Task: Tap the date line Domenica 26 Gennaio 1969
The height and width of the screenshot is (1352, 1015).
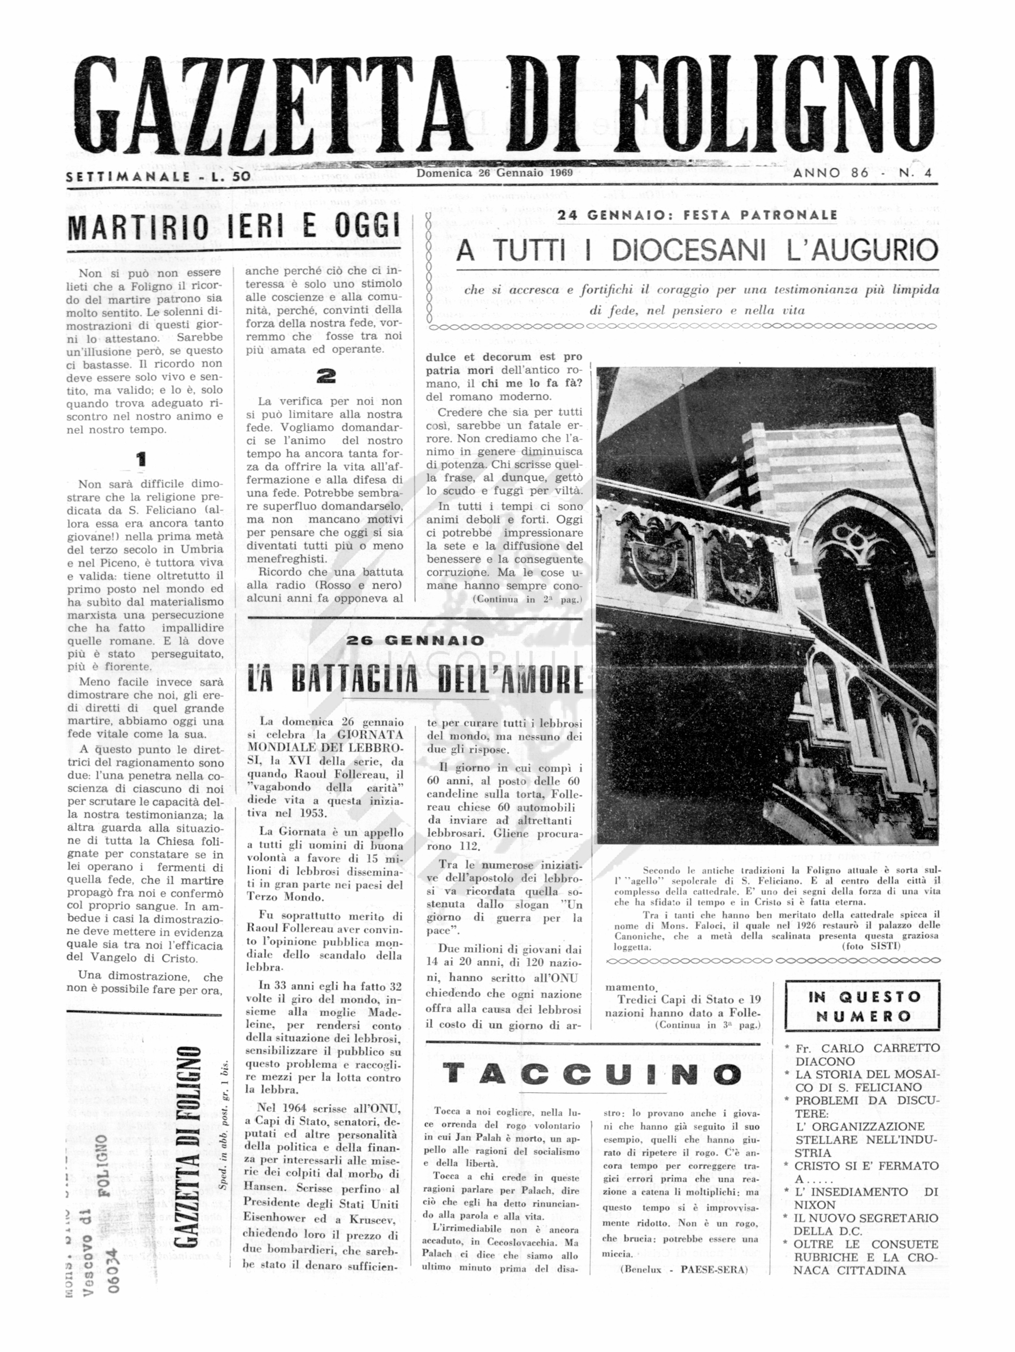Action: pyautogui.click(x=495, y=173)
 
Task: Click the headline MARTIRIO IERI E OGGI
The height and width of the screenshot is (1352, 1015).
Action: pyautogui.click(x=234, y=227)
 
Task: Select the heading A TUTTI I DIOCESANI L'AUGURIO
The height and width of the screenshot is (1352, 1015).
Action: pyautogui.click(x=697, y=251)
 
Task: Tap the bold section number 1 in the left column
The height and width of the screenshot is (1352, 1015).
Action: pyautogui.click(x=141, y=459)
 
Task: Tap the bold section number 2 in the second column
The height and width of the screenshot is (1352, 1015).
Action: pyautogui.click(x=326, y=376)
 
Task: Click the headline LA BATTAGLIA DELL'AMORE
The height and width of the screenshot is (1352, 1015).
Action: pyautogui.click(x=415, y=679)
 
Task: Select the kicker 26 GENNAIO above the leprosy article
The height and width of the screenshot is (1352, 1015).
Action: pyautogui.click(x=415, y=641)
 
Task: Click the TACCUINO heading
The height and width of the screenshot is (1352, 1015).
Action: pyautogui.click(x=592, y=1074)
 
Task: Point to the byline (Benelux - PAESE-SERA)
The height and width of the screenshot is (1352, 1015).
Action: pyautogui.click(x=683, y=1270)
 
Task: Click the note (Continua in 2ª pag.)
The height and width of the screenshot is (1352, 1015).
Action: pyautogui.click(x=527, y=600)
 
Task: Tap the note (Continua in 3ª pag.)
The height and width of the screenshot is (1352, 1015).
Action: pyautogui.click(x=707, y=1025)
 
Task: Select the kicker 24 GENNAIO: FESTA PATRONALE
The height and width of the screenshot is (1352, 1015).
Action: pyautogui.click(x=697, y=215)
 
